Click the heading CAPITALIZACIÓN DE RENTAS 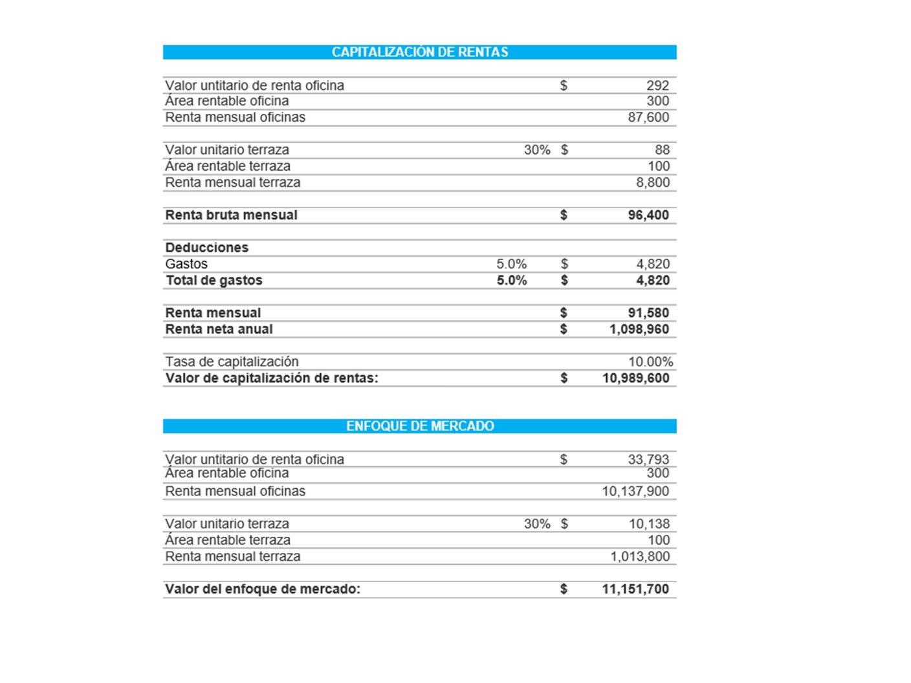coord(419,52)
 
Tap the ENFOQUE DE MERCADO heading coord(419,426)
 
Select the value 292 coord(657,85)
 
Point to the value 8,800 coord(652,182)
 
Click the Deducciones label coord(206,248)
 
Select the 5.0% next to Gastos coord(511,264)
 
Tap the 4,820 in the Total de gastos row coord(652,281)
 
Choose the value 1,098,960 coord(639,329)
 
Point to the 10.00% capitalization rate coord(650,362)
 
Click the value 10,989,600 coord(635,378)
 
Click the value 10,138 coord(649,524)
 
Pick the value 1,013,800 coord(639,557)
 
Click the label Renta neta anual coord(219,329)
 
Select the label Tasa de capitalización coord(232,362)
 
